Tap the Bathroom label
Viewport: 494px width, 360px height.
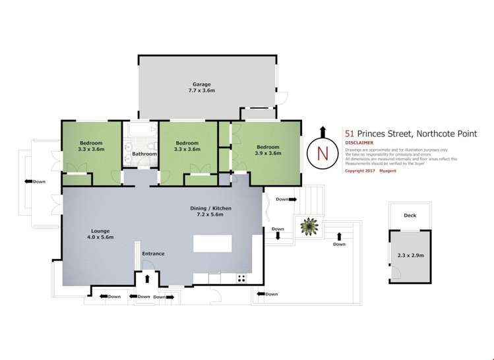[x=144, y=154]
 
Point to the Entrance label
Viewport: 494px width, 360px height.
[x=154, y=253]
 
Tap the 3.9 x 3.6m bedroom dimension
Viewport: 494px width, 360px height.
[x=268, y=153]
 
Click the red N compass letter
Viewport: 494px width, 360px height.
[x=322, y=152]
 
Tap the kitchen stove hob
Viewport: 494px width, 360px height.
[x=241, y=278]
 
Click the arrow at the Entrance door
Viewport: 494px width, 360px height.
[x=146, y=279]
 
